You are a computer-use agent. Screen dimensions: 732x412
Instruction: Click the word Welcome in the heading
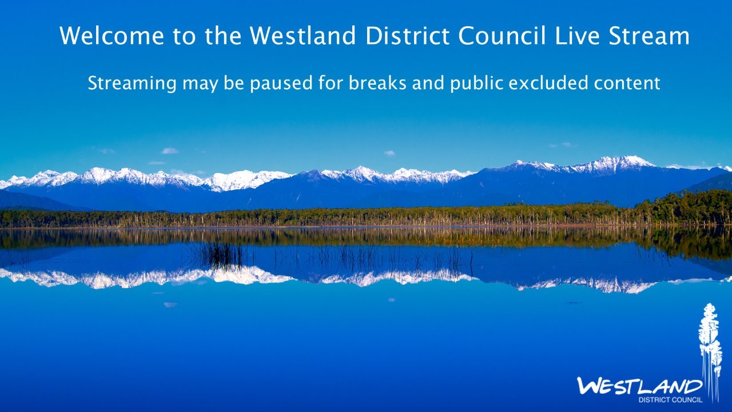point(112,35)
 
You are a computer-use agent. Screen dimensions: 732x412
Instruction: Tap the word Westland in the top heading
point(303,35)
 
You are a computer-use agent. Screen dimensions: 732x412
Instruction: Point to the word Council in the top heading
point(502,35)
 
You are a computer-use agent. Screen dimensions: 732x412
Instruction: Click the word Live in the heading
point(577,35)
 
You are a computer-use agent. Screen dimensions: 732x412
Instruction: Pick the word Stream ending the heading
point(649,35)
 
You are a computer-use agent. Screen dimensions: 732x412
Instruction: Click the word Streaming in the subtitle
point(132,84)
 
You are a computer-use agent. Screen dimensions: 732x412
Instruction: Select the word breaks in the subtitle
point(377,83)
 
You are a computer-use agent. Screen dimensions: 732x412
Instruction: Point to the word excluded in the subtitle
point(548,83)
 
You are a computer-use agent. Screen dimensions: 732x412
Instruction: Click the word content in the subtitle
point(627,84)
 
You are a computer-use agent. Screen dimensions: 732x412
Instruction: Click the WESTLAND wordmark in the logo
point(639,387)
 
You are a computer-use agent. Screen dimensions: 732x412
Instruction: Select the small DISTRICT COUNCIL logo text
point(670,399)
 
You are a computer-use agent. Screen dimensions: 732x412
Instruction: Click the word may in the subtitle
point(200,84)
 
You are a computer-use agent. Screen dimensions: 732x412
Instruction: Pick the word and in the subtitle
point(428,83)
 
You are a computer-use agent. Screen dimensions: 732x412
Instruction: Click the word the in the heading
point(223,35)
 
